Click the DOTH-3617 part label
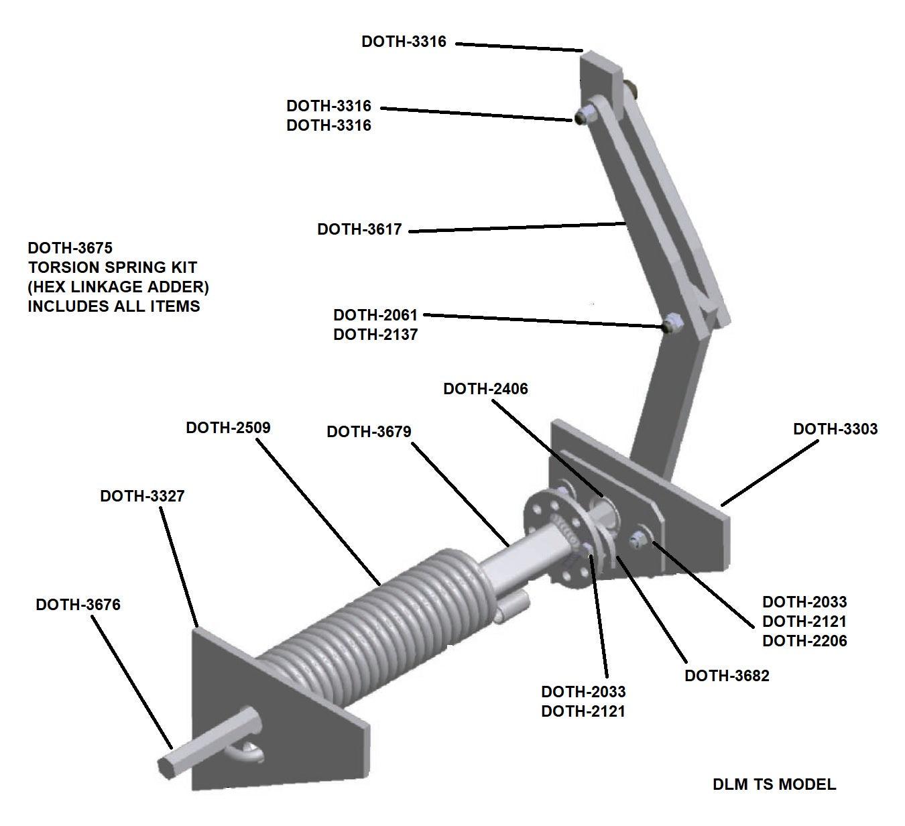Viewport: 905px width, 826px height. click(x=359, y=229)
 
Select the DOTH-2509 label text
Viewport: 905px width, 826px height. click(x=228, y=428)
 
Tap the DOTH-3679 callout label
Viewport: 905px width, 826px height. click(x=369, y=432)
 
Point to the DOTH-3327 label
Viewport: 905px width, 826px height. click(x=142, y=496)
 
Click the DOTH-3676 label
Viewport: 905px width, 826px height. click(x=78, y=605)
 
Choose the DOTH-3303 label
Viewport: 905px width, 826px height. click(x=835, y=429)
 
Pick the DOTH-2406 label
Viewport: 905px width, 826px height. click(x=485, y=389)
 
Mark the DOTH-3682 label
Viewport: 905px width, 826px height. click(x=727, y=676)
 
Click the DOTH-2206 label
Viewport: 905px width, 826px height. click(x=804, y=641)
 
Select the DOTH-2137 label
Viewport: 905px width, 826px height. click(x=375, y=335)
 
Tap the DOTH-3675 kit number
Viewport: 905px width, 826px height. click(x=70, y=248)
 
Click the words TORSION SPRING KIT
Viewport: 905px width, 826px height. click(x=113, y=268)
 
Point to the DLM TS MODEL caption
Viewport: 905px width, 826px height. click(x=774, y=784)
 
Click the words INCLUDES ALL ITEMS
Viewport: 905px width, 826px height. click(x=114, y=306)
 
